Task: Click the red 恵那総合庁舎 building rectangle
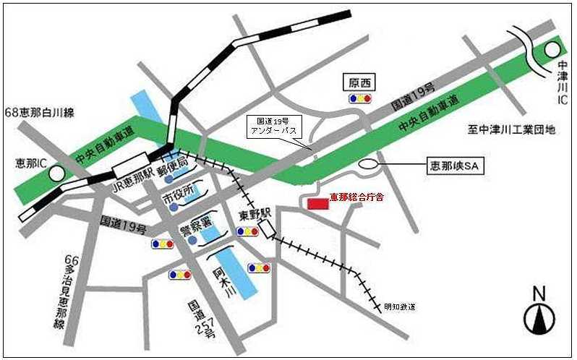pos(317,203)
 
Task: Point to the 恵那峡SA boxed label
pos(454,166)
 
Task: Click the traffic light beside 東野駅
pos(247,231)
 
